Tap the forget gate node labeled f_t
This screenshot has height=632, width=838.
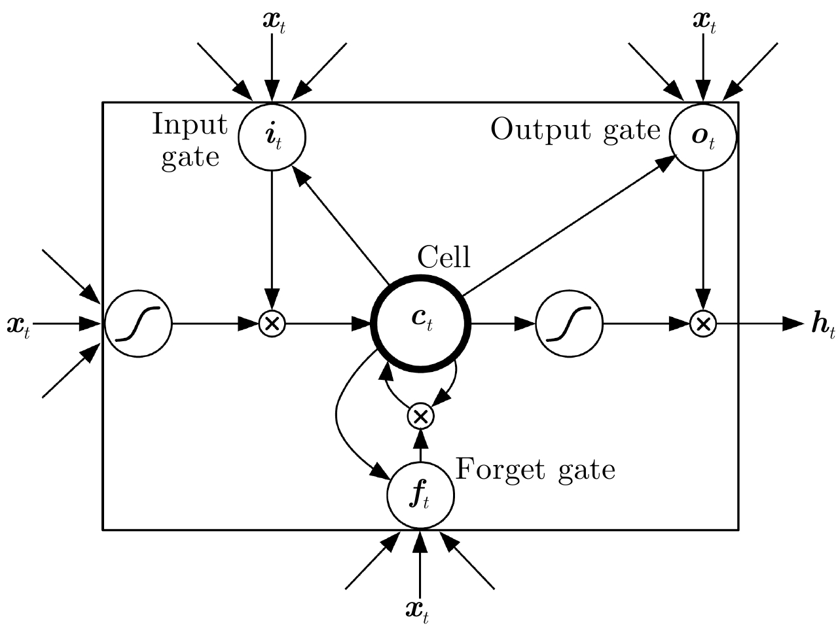point(420,495)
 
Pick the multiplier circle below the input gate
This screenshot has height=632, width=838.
point(271,323)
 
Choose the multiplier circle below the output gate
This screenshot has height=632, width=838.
point(703,323)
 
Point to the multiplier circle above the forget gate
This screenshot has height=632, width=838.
point(420,415)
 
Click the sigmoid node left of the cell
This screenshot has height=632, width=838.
point(137,323)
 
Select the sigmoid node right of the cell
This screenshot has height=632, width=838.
point(569,323)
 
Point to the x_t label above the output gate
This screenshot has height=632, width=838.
point(704,21)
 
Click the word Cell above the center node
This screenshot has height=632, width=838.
point(444,257)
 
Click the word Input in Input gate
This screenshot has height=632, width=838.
point(190,124)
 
